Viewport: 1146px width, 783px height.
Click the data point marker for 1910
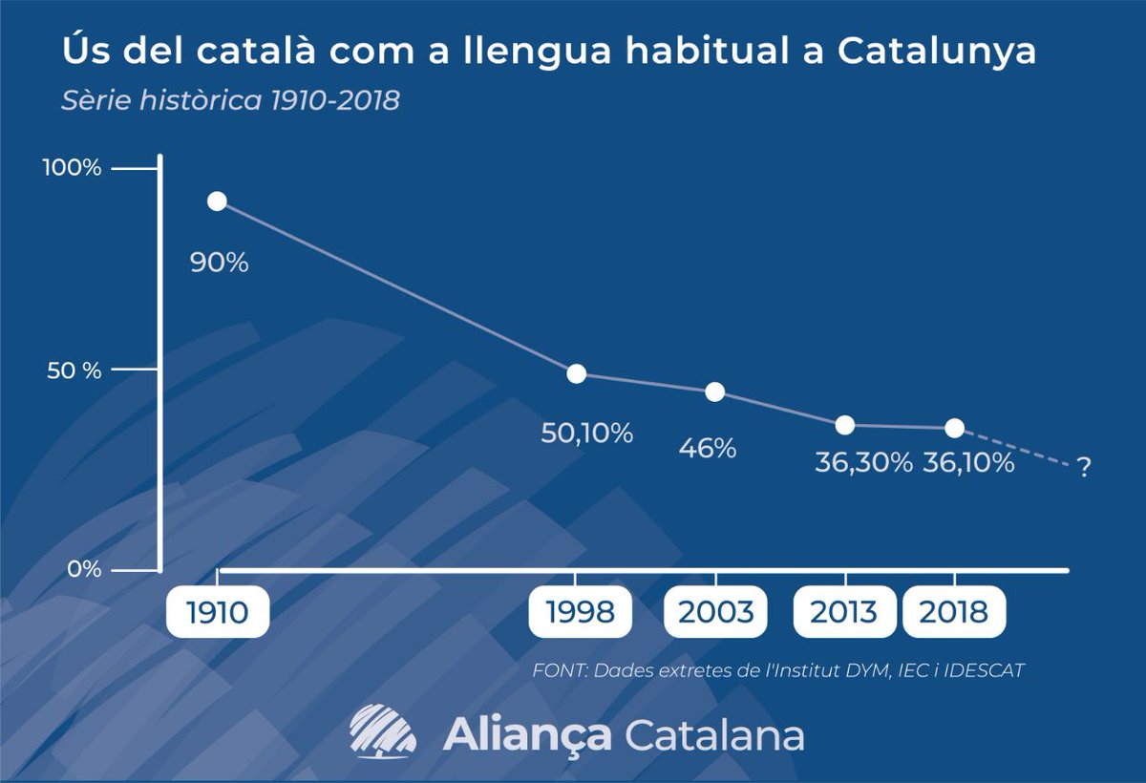(x=217, y=201)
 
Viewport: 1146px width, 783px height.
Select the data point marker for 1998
(x=576, y=373)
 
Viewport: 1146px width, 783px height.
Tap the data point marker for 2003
(x=714, y=391)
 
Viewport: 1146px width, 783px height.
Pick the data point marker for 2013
(x=845, y=425)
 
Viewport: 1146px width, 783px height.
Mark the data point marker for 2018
(x=954, y=428)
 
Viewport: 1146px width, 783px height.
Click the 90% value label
(x=219, y=263)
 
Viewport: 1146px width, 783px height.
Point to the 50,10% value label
(x=587, y=434)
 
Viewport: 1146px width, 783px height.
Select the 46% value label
(x=708, y=448)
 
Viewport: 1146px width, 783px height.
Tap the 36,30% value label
(x=863, y=463)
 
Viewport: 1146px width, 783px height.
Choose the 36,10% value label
(x=967, y=463)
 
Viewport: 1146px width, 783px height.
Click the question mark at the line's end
(x=1083, y=468)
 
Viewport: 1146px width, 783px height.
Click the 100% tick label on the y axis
(x=72, y=168)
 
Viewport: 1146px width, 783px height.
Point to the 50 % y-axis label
(x=75, y=370)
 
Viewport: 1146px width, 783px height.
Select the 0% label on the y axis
(x=84, y=570)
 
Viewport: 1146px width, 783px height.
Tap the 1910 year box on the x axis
(x=217, y=612)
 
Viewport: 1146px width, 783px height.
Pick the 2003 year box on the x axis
(x=715, y=612)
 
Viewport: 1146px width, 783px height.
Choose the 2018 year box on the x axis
(x=954, y=612)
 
